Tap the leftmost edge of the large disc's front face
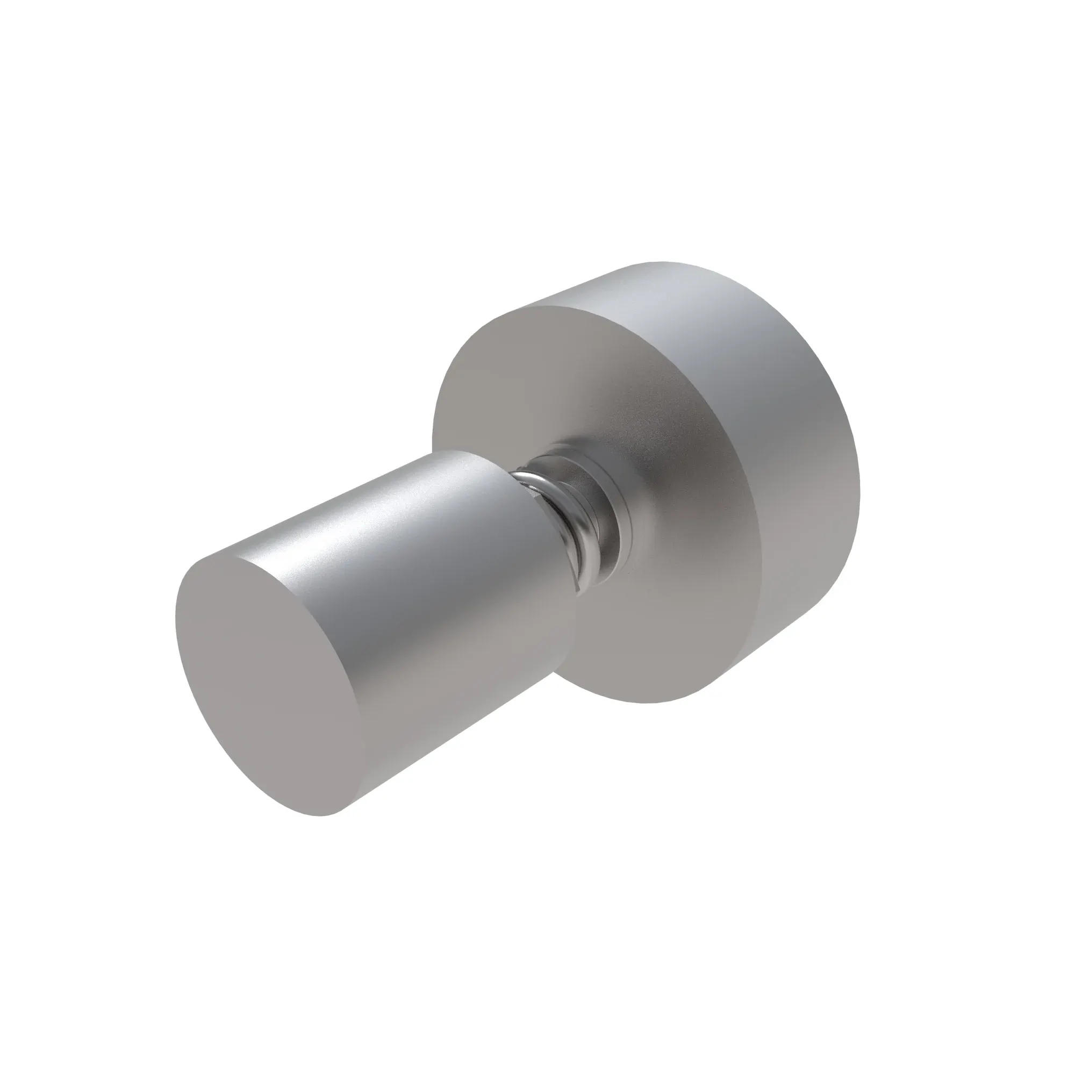[x=433, y=423]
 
